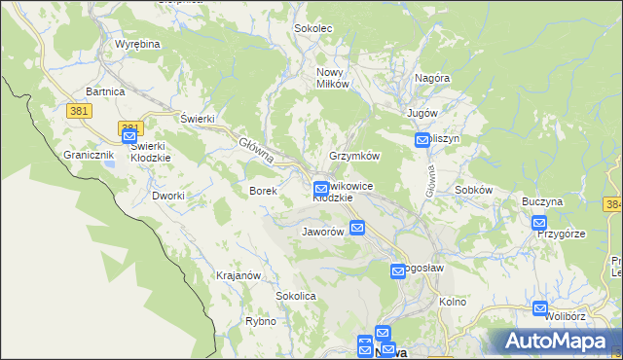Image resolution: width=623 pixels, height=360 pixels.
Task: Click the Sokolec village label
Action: [x=313, y=29]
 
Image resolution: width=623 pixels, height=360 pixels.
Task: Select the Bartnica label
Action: [x=105, y=90]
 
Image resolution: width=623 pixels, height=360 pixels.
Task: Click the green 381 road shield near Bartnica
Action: [x=81, y=111]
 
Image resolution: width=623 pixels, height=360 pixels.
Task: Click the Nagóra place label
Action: [x=431, y=78]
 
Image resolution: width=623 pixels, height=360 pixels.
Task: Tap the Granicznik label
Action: [x=89, y=155]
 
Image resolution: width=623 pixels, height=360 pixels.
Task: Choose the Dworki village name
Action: [x=168, y=196]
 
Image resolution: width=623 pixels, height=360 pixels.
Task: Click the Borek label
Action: [x=264, y=192]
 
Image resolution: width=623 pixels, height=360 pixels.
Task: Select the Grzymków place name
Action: [x=354, y=156]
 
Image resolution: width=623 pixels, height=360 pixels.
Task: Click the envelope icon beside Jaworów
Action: [x=357, y=228]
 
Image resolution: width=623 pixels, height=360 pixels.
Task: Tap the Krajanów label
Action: [x=238, y=275]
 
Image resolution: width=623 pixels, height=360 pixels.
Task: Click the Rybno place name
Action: [x=261, y=321]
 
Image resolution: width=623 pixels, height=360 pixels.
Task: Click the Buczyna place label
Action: [x=542, y=201]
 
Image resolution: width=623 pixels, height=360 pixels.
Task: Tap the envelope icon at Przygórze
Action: [x=539, y=223]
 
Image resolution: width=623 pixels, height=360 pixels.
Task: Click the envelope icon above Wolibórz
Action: [x=540, y=308]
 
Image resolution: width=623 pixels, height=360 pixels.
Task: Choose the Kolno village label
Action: [x=453, y=302]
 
